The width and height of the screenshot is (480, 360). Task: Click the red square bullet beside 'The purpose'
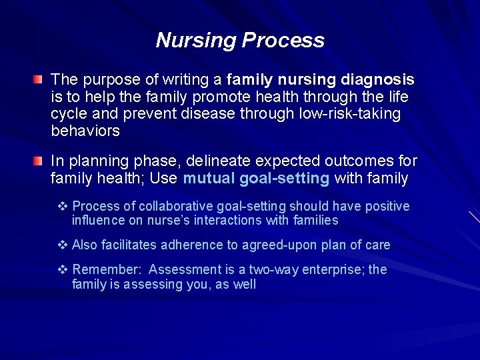click(x=40, y=81)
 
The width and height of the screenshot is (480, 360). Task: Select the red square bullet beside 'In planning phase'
click(x=40, y=161)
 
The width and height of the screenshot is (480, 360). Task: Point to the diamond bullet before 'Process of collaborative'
click(x=63, y=207)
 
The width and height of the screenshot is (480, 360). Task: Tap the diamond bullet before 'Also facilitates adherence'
click(x=63, y=245)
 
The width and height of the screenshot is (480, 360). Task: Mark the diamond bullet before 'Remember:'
click(x=63, y=269)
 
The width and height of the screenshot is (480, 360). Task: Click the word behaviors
click(x=85, y=131)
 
